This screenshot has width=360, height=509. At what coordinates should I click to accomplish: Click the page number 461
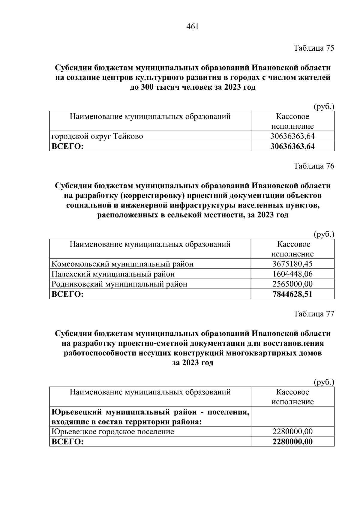click(193, 27)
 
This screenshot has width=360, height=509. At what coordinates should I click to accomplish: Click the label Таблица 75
click(313, 48)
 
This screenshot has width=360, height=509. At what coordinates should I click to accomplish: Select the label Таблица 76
click(313, 166)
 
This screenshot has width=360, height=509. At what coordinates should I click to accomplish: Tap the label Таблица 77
click(313, 314)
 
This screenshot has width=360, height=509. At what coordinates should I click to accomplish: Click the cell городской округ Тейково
click(97, 136)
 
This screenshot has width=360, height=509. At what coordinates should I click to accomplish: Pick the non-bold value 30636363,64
click(292, 136)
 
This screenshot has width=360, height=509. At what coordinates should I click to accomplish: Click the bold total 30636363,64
click(292, 146)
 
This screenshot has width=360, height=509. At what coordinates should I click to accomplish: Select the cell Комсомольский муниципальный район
click(122, 264)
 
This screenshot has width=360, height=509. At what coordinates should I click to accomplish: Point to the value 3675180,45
click(292, 264)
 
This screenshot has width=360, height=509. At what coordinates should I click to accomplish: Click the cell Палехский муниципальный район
click(113, 274)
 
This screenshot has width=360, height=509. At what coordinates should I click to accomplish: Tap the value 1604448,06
click(292, 274)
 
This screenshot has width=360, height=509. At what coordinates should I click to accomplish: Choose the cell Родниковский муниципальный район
click(119, 284)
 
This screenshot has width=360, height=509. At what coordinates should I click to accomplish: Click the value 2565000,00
click(292, 284)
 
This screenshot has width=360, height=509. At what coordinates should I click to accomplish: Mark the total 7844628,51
click(292, 294)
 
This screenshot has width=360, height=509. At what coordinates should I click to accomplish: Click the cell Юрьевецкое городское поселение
click(113, 432)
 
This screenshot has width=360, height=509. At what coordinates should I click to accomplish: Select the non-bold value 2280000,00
click(292, 432)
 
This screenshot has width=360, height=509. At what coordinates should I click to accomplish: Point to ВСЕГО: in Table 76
click(67, 294)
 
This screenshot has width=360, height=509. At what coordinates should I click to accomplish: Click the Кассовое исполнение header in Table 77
click(292, 397)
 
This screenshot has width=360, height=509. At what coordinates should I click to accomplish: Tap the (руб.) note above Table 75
click(324, 107)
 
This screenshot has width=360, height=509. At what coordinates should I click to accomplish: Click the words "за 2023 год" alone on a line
click(193, 363)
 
